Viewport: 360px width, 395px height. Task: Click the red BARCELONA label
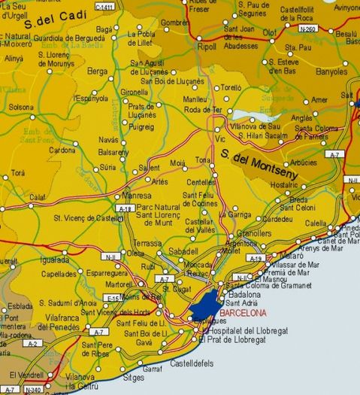(x=243, y=312)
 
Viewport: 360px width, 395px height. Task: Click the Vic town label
(x=220, y=139)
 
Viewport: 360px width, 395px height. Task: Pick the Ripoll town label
(x=207, y=47)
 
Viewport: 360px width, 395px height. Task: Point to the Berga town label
(x=98, y=71)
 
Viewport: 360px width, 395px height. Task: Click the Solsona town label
(x=21, y=107)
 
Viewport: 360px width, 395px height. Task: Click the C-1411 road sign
(x=107, y=7)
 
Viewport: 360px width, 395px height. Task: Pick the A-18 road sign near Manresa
(x=126, y=208)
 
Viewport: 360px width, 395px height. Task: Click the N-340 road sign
(x=33, y=390)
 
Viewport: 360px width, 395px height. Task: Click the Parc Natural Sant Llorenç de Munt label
(x=161, y=214)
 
